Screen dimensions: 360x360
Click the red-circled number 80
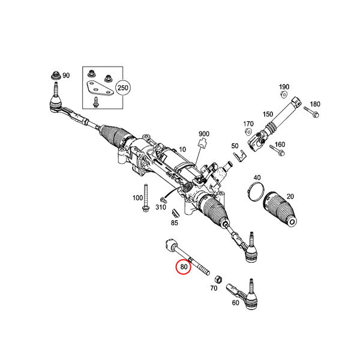(x=184, y=267)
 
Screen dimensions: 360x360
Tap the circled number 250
(x=123, y=88)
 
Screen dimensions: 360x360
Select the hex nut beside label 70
(x=218, y=279)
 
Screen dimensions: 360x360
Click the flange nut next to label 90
(x=56, y=76)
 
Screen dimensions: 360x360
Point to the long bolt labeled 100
(x=145, y=197)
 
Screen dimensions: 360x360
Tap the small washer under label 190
(x=284, y=94)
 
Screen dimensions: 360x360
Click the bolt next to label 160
(x=277, y=150)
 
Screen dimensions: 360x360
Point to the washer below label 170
(x=248, y=132)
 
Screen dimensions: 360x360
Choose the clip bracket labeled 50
(x=239, y=156)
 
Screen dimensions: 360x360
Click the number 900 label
(x=204, y=134)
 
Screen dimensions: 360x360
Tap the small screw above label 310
(x=163, y=200)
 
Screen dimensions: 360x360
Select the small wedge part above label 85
(x=175, y=213)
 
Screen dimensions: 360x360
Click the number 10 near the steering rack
(x=182, y=149)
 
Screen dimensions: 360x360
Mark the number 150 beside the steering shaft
(x=268, y=114)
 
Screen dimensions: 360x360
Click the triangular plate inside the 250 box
(x=99, y=89)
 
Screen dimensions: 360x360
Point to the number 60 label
(x=236, y=303)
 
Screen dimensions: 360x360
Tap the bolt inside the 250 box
(x=95, y=102)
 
